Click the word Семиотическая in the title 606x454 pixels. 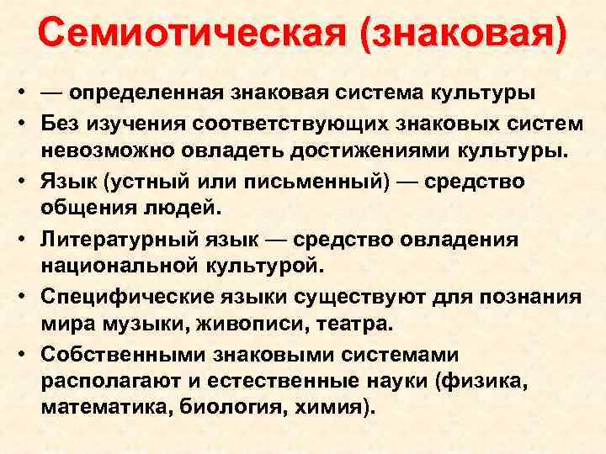pyautogui.click(x=177, y=34)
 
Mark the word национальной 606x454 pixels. pyautogui.click(x=115, y=267)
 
